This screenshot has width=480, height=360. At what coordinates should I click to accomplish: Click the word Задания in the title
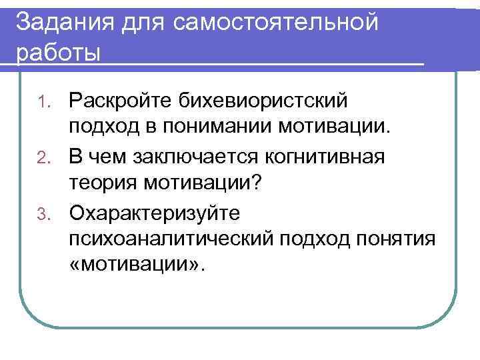point(61,23)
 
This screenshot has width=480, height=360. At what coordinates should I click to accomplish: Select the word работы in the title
point(57,53)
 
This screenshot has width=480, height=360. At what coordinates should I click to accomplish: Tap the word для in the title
point(142,23)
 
